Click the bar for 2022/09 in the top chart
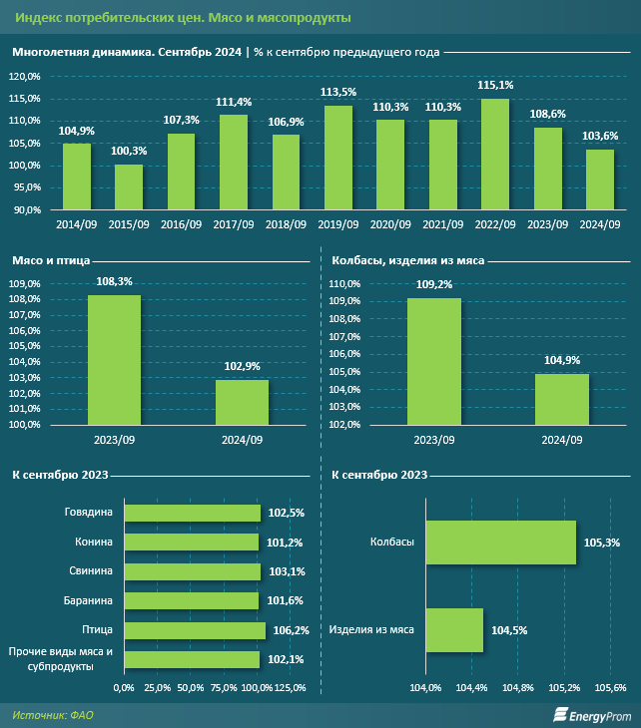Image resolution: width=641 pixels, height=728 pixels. pos(494,155)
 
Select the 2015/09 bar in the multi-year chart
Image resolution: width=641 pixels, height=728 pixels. pos(129,187)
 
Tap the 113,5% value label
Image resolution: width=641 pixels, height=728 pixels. pos(337,92)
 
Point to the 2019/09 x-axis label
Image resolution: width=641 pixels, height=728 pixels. pos(337,224)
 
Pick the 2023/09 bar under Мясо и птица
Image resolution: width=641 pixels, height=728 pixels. pos(115,359)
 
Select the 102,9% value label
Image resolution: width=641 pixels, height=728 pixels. pos(243,367)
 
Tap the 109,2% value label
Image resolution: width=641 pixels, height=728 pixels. pos(433,285)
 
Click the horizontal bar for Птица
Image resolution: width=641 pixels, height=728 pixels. pos(195,630)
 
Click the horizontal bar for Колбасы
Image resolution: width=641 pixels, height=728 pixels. pos(500,543)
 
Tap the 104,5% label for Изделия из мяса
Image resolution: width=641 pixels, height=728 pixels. pos(509,630)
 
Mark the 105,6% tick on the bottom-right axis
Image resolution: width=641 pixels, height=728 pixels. pos(610,687)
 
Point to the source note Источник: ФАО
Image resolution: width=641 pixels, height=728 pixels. pos(53,714)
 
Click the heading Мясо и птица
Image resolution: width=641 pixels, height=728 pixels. pos(51,260)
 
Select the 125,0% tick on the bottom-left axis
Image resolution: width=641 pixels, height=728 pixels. pos(289,687)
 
